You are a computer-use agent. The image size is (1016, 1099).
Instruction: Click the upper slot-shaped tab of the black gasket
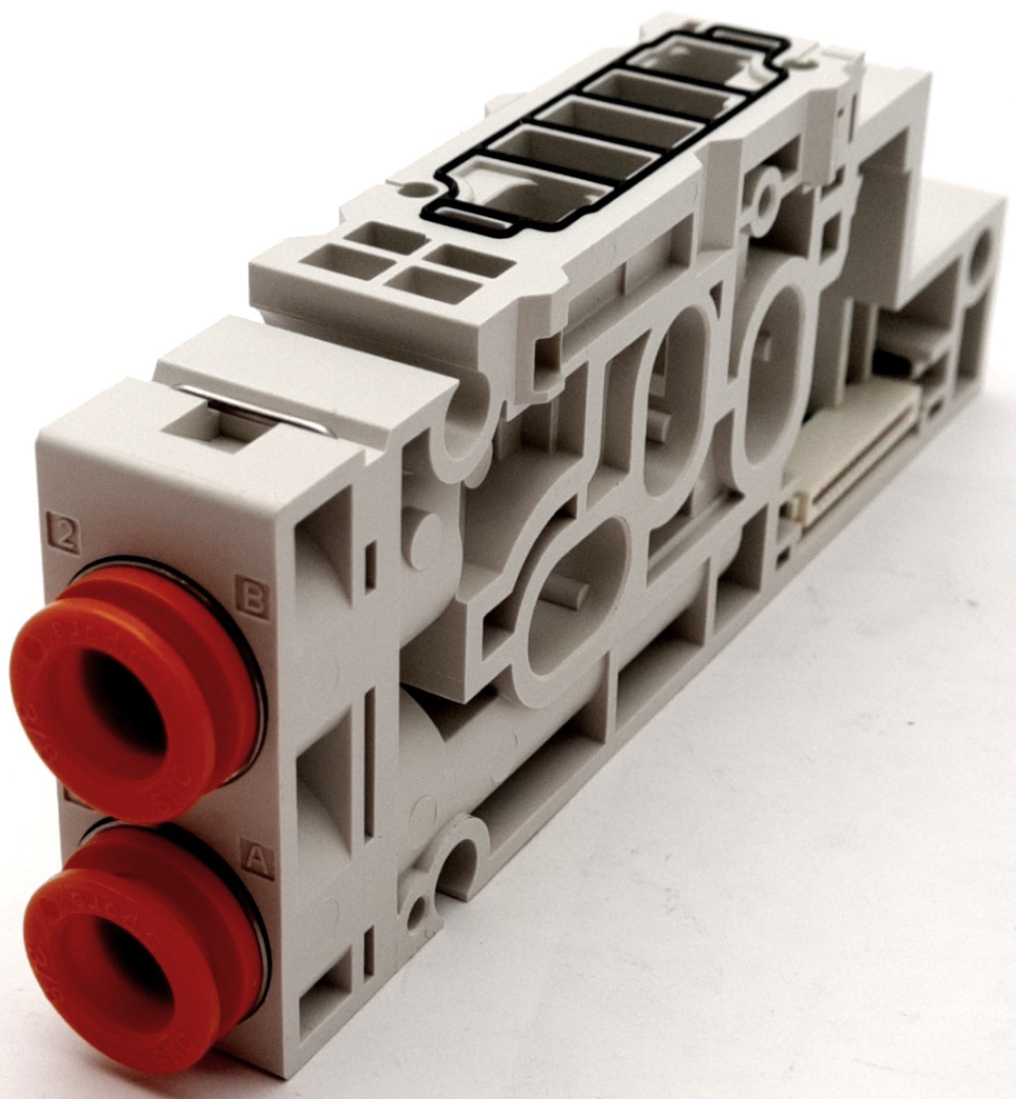coord(735,34)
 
